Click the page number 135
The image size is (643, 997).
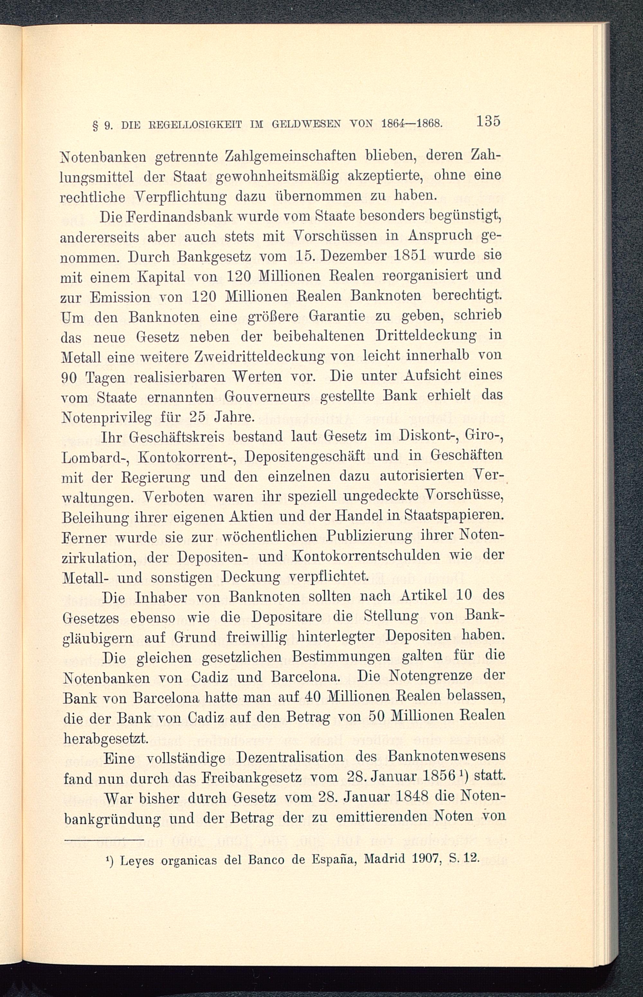(487, 122)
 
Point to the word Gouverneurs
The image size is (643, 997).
(267, 396)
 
